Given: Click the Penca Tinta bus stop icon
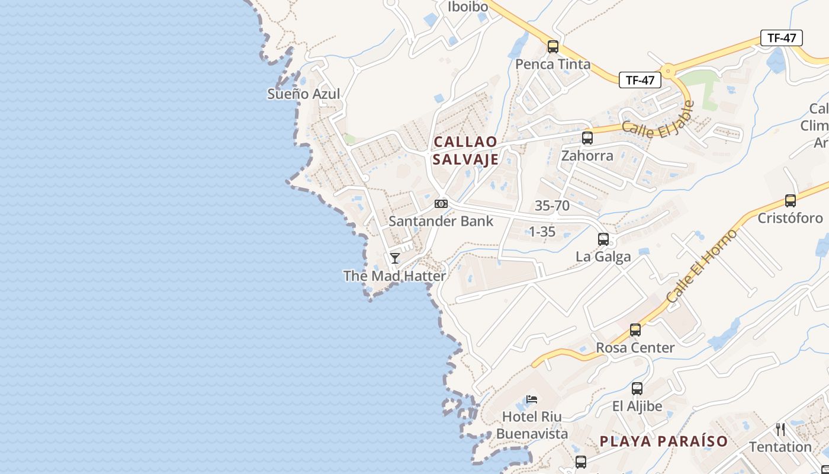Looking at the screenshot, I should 553,46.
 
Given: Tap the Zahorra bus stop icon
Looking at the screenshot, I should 587,138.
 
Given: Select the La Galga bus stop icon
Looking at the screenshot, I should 603,239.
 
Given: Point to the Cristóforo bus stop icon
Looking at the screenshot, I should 791,201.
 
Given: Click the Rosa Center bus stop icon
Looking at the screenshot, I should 635,330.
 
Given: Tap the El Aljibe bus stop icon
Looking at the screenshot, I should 637,389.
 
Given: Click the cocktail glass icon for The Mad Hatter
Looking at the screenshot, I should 395,258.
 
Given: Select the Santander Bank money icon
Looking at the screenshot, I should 441,204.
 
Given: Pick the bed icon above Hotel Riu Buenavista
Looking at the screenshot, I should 532,399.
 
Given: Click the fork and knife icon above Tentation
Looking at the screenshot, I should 780,429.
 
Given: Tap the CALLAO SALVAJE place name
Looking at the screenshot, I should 465,150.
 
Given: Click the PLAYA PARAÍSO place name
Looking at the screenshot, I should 664,441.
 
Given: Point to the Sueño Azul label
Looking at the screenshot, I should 304,94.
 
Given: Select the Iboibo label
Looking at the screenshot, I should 468,7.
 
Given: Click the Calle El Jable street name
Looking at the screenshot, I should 658,121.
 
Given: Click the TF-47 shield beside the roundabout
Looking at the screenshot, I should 640,80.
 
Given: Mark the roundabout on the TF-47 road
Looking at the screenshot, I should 669,72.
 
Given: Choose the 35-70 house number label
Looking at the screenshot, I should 552,206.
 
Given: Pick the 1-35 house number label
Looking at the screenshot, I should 542,232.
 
